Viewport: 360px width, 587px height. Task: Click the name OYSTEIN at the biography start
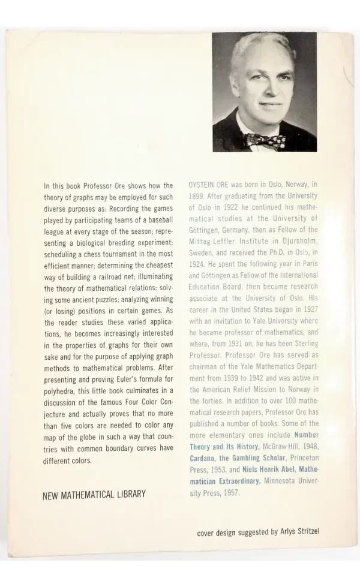click(x=204, y=186)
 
